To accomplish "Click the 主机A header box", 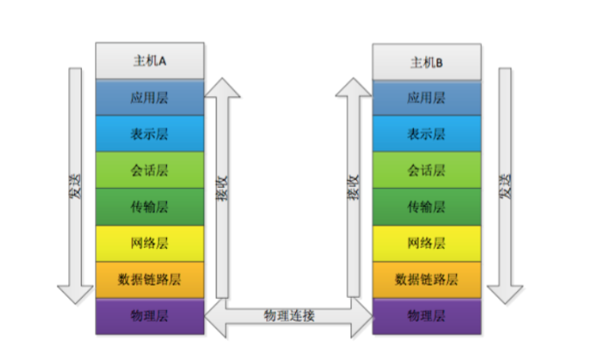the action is tap(150, 61).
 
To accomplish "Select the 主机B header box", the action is tap(427, 62).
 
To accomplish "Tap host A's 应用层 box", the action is tap(150, 98).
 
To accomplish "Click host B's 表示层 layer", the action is tap(427, 134).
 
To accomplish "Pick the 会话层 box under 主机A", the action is tap(150, 170).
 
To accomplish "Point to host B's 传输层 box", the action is tap(427, 207).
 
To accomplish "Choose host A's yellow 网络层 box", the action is tap(150, 244).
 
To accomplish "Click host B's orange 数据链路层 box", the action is tap(427, 280).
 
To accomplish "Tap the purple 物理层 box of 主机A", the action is tap(150, 316).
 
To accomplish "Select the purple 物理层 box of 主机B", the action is tap(427, 316).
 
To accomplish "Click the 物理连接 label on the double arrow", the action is tap(289, 316).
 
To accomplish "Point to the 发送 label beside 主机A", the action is tap(75, 186).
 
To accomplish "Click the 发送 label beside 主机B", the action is tap(505, 186).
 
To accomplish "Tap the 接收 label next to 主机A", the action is tap(222, 188).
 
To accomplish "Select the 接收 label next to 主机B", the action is tap(354, 187).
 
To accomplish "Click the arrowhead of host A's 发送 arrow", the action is tap(75, 294).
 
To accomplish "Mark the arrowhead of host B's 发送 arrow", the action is tap(505, 294).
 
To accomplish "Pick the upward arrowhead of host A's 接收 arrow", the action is tap(222, 87).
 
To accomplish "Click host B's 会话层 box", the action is tap(427, 170).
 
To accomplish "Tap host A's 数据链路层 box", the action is tap(150, 280).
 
